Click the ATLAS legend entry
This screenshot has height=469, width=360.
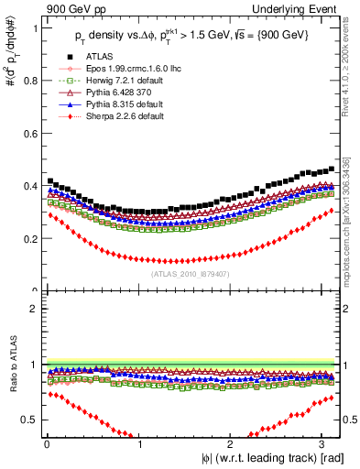(98, 58)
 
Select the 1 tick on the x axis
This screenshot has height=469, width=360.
(138, 445)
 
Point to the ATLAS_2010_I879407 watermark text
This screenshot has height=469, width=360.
(191, 272)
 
